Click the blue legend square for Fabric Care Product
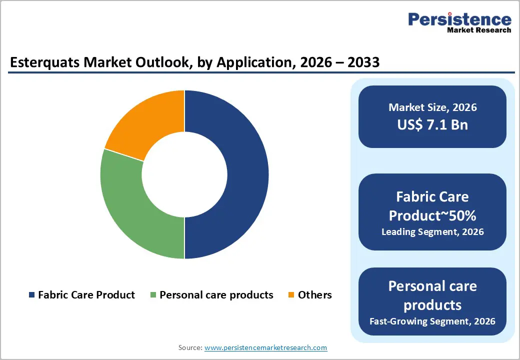click(32, 295)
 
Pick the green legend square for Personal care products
click(154, 295)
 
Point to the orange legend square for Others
click(291, 295)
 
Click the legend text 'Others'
click(314, 295)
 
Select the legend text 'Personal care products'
click(216, 295)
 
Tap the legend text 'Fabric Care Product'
click(86, 295)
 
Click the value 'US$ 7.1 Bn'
click(432, 124)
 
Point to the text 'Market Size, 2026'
click(432, 107)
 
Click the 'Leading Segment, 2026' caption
click(432, 232)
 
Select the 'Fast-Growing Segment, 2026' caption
click(432, 321)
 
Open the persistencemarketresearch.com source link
click(265, 347)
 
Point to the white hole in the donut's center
click(184, 175)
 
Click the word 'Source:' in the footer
click(190, 347)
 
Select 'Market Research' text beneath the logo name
click(479, 30)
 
